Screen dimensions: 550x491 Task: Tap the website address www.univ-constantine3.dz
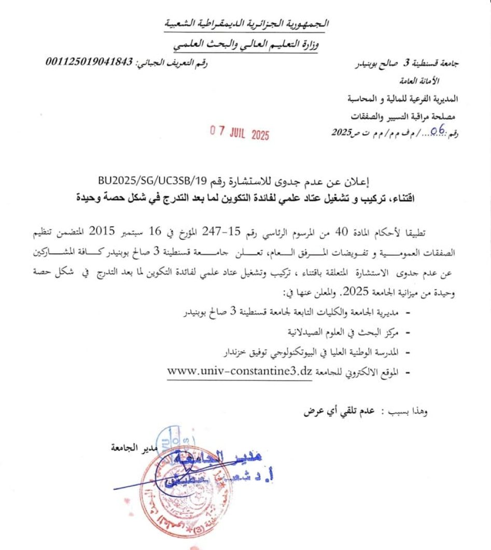click(240, 371)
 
